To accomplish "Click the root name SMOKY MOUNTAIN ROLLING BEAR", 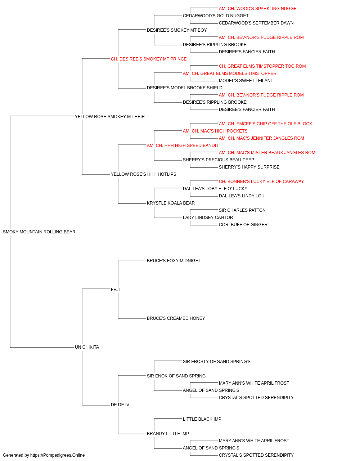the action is (x=39, y=232).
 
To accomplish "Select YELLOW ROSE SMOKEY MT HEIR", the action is (x=109, y=116).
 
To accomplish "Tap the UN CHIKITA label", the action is (x=87, y=347).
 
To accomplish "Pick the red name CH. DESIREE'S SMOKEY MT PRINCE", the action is (x=149, y=59).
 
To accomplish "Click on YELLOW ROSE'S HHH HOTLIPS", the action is (x=144, y=174).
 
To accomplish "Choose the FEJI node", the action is (x=115, y=289).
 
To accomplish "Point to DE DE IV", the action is (x=120, y=404).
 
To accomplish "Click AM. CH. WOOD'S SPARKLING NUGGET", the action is (x=259, y=9).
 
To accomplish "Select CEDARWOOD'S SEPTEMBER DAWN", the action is (x=256, y=23).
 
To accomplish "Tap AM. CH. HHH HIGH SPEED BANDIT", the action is (x=183, y=145).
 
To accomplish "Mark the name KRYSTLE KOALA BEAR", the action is (x=171, y=203).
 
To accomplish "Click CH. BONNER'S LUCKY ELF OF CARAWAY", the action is (x=261, y=182).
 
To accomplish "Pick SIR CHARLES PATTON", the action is (x=242, y=210).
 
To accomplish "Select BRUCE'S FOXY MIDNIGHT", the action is (x=174, y=260).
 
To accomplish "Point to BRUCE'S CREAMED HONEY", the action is (x=176, y=318).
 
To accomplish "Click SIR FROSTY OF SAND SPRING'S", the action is (x=216, y=361).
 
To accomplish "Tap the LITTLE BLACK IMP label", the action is (x=202, y=419).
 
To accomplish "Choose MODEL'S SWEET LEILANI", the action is (x=245, y=81).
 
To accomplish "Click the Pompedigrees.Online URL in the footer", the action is (x=58, y=455).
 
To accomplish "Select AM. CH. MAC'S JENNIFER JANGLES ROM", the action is (x=261, y=138).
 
